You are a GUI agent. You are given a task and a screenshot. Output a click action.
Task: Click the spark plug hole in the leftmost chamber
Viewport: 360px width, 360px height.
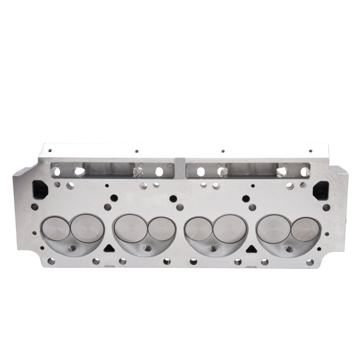72,248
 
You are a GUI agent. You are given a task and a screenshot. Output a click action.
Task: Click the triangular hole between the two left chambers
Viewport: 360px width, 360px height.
108,248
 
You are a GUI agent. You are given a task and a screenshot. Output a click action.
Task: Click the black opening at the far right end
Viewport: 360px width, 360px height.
320,189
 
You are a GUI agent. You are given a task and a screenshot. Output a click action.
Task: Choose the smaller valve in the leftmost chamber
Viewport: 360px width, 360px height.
56,229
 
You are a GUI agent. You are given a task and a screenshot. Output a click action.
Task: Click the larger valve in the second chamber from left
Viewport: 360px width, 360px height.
128,228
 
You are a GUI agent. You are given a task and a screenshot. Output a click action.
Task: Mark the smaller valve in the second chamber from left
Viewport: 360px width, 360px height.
161,229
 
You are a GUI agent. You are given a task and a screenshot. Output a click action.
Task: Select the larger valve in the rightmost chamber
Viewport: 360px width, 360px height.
273,228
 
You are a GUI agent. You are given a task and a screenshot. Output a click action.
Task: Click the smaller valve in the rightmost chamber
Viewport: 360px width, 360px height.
305,229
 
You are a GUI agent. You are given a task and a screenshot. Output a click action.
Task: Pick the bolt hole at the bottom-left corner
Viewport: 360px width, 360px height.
51,261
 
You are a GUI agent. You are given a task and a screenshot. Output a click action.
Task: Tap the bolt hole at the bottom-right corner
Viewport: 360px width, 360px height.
310,262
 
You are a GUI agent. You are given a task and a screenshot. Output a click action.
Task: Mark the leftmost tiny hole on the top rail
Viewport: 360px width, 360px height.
49,151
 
